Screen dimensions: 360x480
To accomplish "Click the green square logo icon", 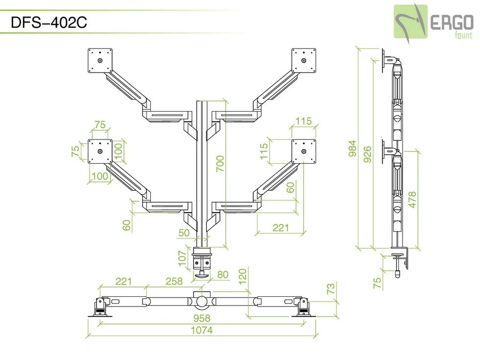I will [411, 22].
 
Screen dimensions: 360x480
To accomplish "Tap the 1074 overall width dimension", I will [201, 330].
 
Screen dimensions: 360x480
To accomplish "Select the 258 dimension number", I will [174, 281].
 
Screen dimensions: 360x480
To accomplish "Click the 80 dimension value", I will [222, 275].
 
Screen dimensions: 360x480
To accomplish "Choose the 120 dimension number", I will [241, 276].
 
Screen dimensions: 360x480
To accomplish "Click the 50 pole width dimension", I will [184, 233].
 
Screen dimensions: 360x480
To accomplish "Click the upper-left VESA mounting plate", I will [100, 61].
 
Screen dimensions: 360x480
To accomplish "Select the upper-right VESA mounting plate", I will [304, 61].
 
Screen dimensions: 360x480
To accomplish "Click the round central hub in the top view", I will [201, 298].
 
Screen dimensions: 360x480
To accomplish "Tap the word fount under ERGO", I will [463, 35].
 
